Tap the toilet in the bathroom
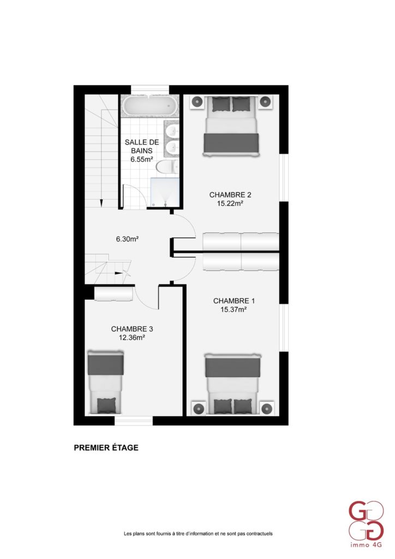(167, 167)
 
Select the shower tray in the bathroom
(165, 192)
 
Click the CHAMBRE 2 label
(230, 195)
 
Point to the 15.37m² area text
(234, 310)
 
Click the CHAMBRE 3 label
(132, 329)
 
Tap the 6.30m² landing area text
(127, 240)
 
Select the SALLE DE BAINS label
(142, 146)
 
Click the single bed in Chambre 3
(106, 383)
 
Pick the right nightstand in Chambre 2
(265, 102)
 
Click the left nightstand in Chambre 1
(199, 408)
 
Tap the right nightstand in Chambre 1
(267, 408)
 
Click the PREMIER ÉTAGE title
(106, 448)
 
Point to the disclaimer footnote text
(198, 534)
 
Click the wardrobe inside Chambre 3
(113, 294)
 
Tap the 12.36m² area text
(132, 337)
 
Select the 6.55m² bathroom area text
(142, 159)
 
